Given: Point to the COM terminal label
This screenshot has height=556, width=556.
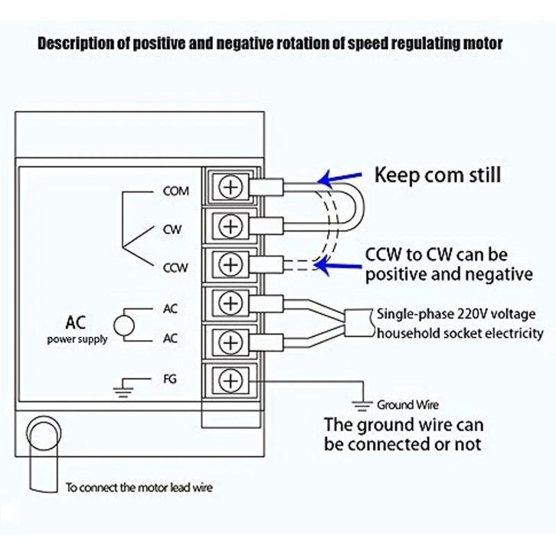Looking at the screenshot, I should [x=175, y=191].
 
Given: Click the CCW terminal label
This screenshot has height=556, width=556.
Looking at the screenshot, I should [x=175, y=268].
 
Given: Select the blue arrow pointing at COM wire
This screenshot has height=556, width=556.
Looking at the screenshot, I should [x=337, y=178].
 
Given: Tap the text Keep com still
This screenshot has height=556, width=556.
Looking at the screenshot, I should [x=437, y=175].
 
